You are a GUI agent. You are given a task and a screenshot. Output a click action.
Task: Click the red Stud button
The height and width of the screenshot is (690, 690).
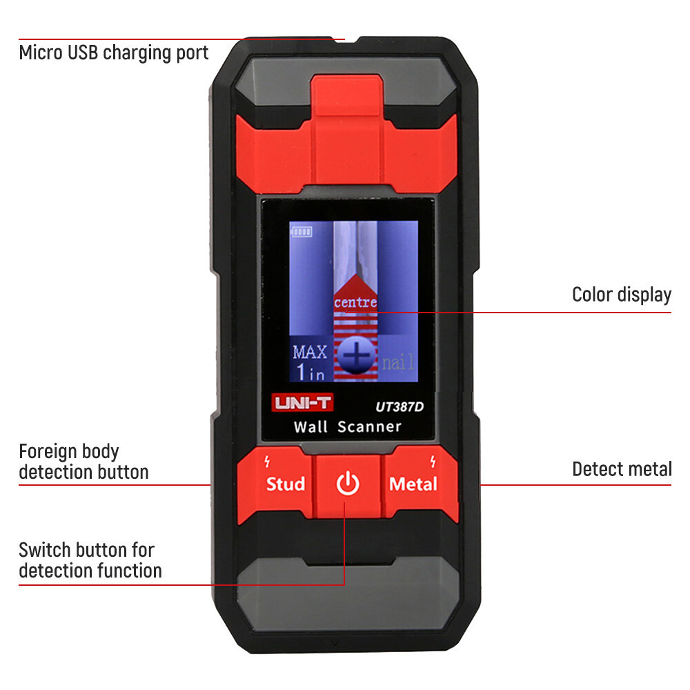click(285, 484)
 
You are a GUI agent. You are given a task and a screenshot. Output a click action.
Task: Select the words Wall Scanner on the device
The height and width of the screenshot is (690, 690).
click(347, 426)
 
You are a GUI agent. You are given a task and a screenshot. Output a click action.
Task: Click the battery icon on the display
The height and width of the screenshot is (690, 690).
click(302, 232)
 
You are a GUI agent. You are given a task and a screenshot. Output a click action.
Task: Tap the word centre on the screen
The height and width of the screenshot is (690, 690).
click(355, 302)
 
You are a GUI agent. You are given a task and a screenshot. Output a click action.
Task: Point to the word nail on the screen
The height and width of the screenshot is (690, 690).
click(399, 362)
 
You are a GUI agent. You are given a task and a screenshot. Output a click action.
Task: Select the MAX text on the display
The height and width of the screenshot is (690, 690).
click(309, 352)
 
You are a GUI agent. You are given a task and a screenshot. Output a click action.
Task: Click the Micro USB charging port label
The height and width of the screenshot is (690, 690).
click(114, 52)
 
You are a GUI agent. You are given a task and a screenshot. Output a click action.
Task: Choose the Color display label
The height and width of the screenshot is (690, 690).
click(621, 295)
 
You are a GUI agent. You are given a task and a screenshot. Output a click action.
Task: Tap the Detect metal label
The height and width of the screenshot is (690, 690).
click(621, 469)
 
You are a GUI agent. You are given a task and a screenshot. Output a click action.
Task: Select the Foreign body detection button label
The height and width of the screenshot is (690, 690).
click(83, 462)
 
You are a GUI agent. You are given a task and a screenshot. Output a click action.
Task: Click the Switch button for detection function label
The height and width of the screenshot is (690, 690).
click(90, 560)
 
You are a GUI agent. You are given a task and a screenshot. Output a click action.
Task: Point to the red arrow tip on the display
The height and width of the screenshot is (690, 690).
click(356, 275)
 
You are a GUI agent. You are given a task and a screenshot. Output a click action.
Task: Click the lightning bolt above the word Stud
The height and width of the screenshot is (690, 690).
click(267, 460)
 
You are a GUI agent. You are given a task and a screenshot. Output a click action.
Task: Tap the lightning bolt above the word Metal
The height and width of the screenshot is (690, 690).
click(433, 460)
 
